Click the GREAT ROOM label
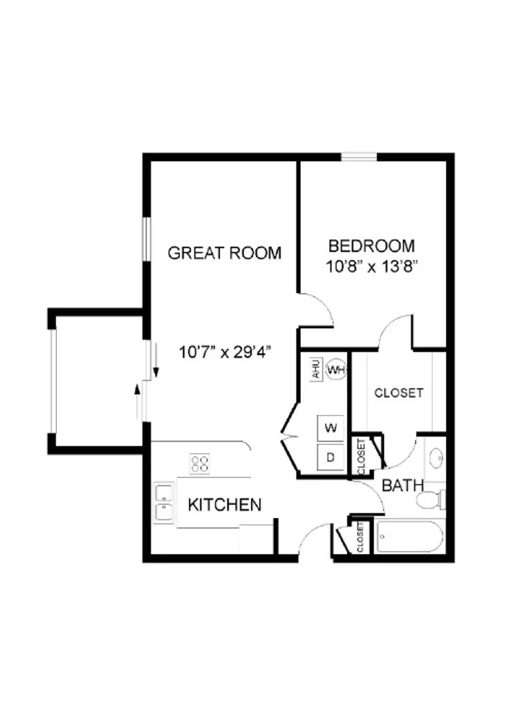(225, 253)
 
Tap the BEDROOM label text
(371, 246)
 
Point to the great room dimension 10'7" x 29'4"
(225, 352)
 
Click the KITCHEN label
(225, 504)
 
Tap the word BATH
(402, 485)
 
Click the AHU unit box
(316, 369)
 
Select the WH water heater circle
(336, 369)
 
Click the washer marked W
(331, 428)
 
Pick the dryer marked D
(331, 457)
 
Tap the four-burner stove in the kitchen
(200, 463)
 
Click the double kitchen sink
(164, 503)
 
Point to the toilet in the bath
(430, 500)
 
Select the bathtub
(410, 537)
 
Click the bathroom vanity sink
(436, 458)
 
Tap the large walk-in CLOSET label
(398, 393)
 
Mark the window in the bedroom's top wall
(359, 157)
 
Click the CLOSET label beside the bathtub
(360, 537)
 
